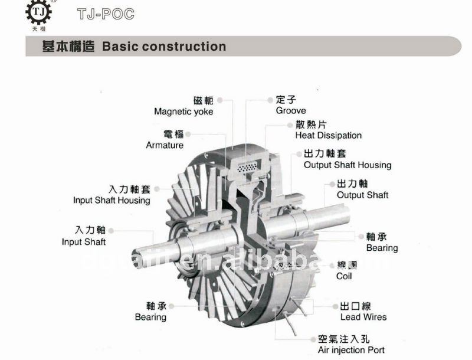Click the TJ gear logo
(x=39, y=15)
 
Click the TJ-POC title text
(x=106, y=14)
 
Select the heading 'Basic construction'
(x=163, y=47)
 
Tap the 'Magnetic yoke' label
(x=183, y=112)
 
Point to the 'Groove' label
(x=291, y=110)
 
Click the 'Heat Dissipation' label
(x=328, y=135)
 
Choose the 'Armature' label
(x=165, y=145)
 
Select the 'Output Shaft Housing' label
(x=347, y=165)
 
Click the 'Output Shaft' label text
(x=362, y=195)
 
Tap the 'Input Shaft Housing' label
(x=112, y=200)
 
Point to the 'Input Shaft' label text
(x=84, y=241)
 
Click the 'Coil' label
(x=344, y=276)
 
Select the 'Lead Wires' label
(x=363, y=317)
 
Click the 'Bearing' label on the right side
(x=382, y=248)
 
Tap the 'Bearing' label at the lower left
(x=150, y=317)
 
